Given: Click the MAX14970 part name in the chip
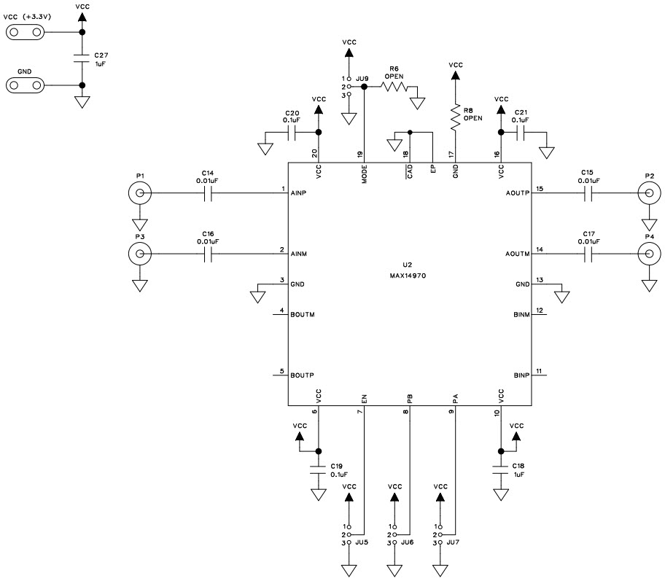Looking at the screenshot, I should coord(410,276).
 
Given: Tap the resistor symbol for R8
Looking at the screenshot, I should coord(455,117).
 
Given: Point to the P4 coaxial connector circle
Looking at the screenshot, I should coord(647,254).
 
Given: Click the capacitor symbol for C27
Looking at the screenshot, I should coord(82,59).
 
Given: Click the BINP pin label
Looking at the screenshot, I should coord(521,375).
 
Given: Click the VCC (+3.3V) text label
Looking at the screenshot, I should coord(28,16).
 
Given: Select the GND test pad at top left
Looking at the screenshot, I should coord(24,85).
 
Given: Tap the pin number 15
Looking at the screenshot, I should coord(539,189).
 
